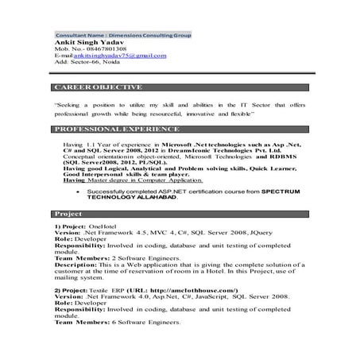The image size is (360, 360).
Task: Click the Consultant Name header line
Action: (x=122, y=37)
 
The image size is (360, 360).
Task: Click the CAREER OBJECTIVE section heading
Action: (x=98, y=86)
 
